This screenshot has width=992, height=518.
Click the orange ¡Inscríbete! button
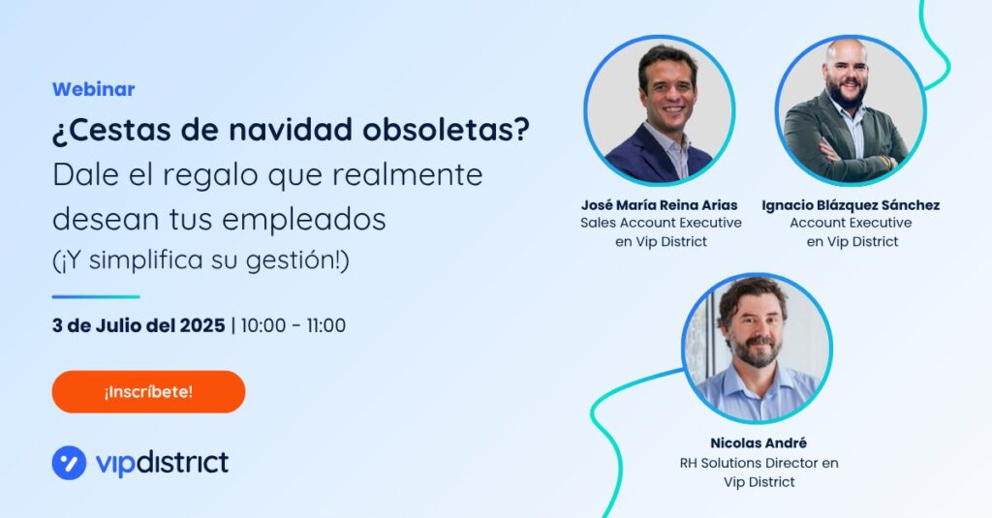tap(148, 391)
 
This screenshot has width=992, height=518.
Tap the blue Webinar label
tap(94, 89)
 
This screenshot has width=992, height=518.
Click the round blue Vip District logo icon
tap(69, 463)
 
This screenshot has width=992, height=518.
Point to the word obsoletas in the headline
tap(446, 130)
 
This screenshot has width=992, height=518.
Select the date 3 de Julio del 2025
tap(139, 325)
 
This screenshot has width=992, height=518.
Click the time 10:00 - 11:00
tap(294, 325)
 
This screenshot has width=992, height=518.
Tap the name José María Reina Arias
tap(659, 205)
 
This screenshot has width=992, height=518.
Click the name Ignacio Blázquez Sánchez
tap(851, 205)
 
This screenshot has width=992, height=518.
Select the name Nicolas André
tap(759, 442)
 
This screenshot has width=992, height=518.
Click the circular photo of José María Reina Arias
tap(659, 110)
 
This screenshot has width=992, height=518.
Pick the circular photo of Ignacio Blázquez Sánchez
tap(851, 110)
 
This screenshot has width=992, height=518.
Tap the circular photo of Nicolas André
tap(758, 349)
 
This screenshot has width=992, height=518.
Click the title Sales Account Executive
tap(661, 223)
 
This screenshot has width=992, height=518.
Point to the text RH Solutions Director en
tap(759, 463)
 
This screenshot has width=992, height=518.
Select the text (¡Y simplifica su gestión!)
tap(201, 259)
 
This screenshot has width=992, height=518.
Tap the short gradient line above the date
tap(96, 296)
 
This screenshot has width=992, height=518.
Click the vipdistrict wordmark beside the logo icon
tap(162, 463)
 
